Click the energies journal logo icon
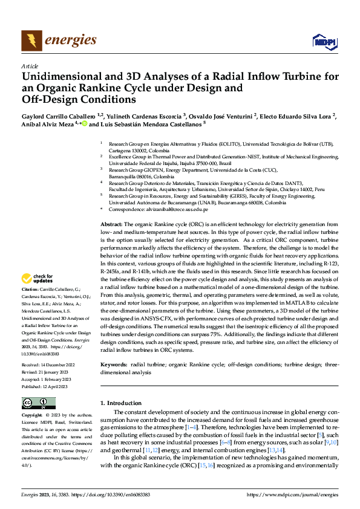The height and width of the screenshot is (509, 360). (31, 41)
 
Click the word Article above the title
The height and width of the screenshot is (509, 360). (30, 66)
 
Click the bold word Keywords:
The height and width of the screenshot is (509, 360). (114, 365)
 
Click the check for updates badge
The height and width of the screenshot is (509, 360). (38, 279)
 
